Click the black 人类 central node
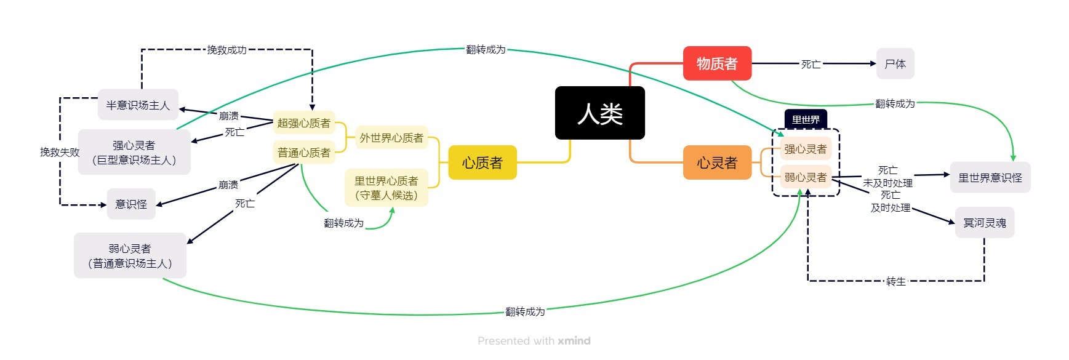click(x=599, y=113)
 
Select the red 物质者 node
click(x=717, y=63)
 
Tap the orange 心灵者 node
click(x=717, y=162)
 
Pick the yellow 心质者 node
click(x=482, y=162)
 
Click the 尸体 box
click(x=895, y=63)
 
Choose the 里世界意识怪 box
click(x=990, y=177)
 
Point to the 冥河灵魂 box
click(x=985, y=223)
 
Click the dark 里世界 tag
click(x=806, y=119)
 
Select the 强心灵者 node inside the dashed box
click(x=806, y=149)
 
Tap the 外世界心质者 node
click(x=391, y=138)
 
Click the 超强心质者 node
click(x=303, y=123)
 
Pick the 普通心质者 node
click(x=303, y=153)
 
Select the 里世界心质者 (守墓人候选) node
click(x=386, y=188)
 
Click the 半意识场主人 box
click(x=138, y=105)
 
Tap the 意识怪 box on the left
click(x=131, y=204)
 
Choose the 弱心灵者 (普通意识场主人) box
click(x=130, y=255)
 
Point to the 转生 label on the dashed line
click(x=896, y=281)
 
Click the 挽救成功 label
click(x=226, y=50)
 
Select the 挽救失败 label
click(x=60, y=152)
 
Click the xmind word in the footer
click(x=574, y=340)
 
